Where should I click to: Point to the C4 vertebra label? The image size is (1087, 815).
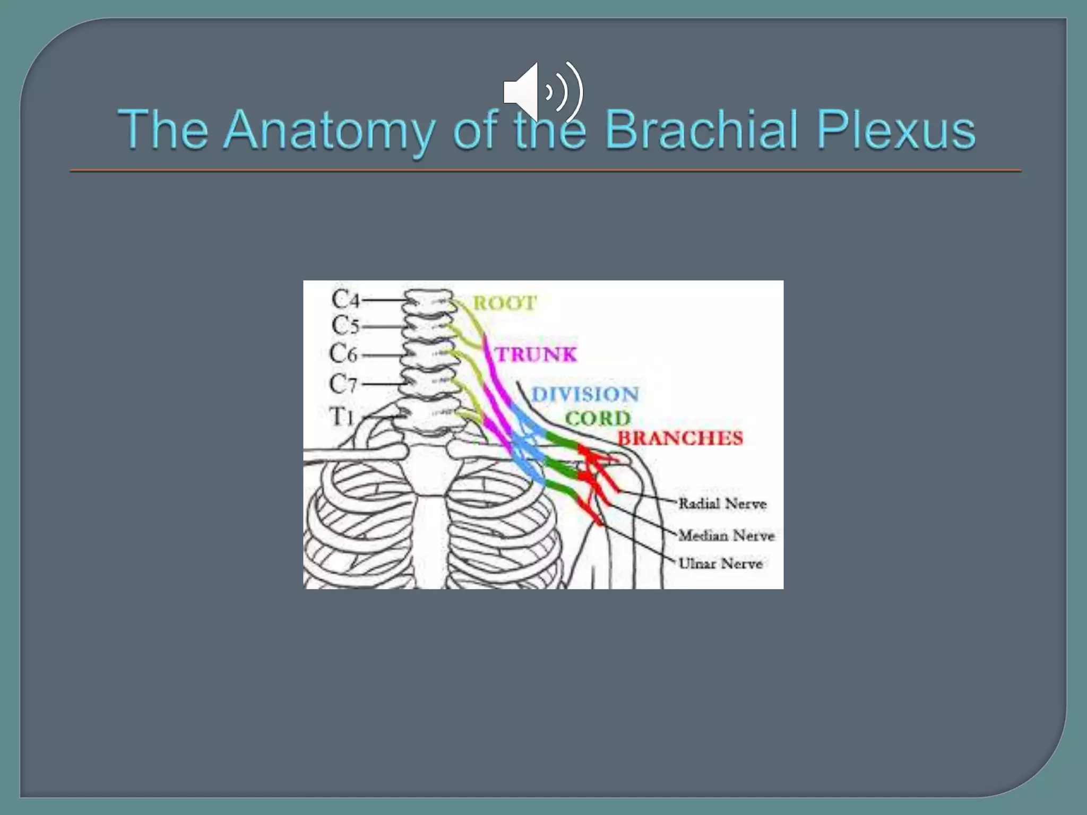[x=346, y=300]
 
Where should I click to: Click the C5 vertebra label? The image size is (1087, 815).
[x=346, y=325]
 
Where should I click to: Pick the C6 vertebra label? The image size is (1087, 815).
[x=343, y=354]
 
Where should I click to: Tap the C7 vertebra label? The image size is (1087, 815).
[x=343, y=383]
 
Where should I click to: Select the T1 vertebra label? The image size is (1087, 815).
[x=342, y=417]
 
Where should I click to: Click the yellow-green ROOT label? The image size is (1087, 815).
[x=504, y=304]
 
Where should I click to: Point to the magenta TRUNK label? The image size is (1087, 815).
[x=536, y=354]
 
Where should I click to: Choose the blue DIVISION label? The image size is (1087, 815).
[x=585, y=395]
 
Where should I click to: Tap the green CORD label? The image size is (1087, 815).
[x=598, y=419]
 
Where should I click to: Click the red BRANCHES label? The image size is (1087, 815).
[x=680, y=438]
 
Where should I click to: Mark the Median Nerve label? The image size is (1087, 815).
[x=727, y=535]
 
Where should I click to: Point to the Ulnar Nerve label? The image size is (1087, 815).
[x=721, y=563]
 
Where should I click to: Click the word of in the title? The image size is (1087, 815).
[x=476, y=131]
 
